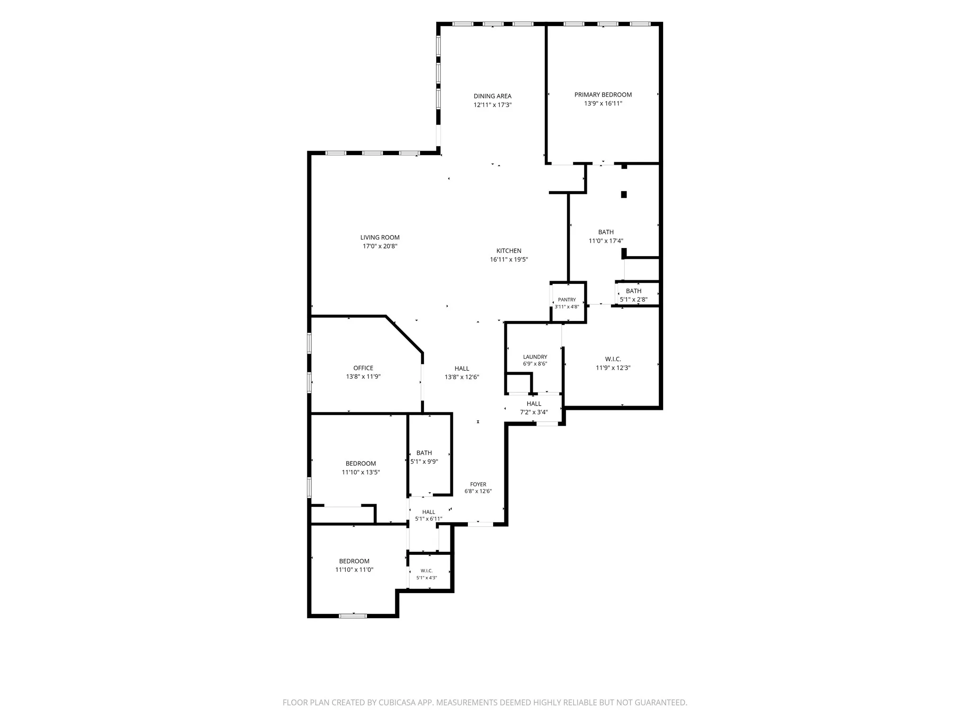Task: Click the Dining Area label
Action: click(493, 96)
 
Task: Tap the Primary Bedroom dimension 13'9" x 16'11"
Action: click(603, 103)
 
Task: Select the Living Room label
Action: click(380, 238)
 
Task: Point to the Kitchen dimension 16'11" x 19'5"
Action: click(509, 259)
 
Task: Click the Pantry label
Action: click(567, 300)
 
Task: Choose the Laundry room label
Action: click(535, 357)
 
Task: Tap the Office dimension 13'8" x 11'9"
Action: click(363, 377)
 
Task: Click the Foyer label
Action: click(478, 484)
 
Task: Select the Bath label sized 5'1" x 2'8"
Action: click(634, 291)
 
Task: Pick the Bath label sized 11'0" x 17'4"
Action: click(606, 232)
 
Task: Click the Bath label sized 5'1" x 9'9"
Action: click(424, 453)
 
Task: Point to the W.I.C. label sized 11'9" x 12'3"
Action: click(613, 359)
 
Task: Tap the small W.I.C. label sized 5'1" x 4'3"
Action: click(427, 571)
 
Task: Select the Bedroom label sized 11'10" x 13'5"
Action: click(361, 463)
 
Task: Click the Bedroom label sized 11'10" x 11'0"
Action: click(354, 561)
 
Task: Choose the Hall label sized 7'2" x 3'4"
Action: click(534, 404)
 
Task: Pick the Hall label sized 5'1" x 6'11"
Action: click(429, 512)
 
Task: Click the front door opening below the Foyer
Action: click(480, 524)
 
